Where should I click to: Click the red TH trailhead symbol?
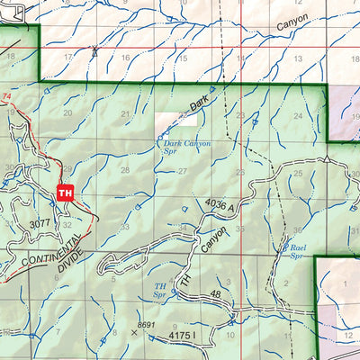pos(64,192)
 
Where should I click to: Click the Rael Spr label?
pos(294,249)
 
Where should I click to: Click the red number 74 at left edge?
pos(7,96)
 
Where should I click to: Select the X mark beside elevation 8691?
pos(135,331)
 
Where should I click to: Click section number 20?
pos(67,113)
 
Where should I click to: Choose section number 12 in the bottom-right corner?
pos(347,335)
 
